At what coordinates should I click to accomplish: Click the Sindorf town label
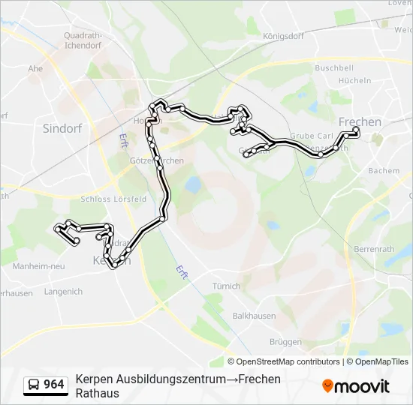click(x=62, y=128)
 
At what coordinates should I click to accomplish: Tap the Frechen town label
click(x=360, y=121)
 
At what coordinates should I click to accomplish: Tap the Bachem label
click(x=384, y=170)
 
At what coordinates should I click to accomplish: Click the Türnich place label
click(x=226, y=286)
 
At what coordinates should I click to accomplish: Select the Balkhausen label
click(x=252, y=316)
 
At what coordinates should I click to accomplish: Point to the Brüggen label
click(x=285, y=341)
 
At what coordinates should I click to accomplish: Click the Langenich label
click(x=63, y=291)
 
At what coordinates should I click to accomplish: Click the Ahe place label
click(x=35, y=67)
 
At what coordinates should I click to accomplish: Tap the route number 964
click(x=53, y=385)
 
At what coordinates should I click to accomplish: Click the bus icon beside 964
click(x=34, y=385)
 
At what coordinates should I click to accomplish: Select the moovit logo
click(x=356, y=386)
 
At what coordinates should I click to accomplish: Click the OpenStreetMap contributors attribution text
click(x=283, y=361)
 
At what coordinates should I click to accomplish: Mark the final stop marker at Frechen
click(x=356, y=131)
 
